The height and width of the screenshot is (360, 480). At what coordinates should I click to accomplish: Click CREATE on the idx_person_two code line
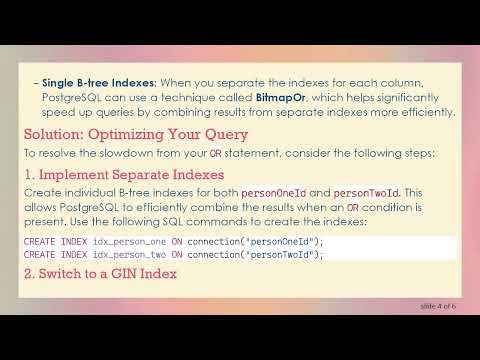pyautogui.click(x=41, y=254)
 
